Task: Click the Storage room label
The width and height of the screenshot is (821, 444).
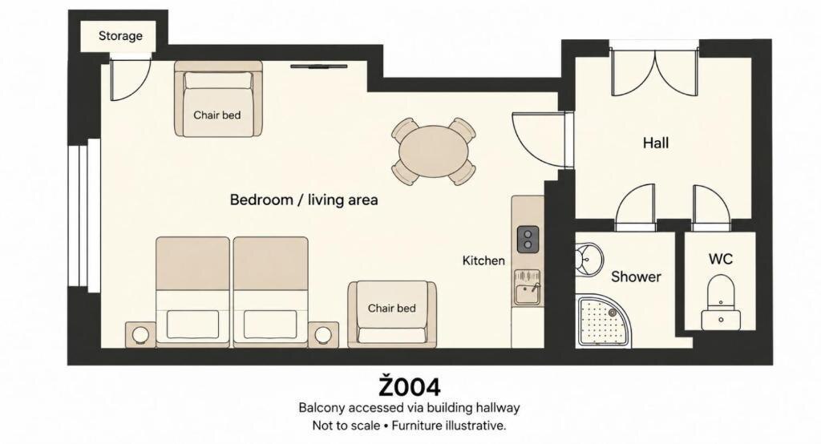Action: pos(120,35)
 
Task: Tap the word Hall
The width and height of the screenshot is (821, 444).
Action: pos(656,143)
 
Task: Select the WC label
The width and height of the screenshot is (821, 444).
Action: pos(721,259)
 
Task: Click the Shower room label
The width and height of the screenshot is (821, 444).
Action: pos(636,276)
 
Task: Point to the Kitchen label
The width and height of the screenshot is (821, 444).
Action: pos(483,260)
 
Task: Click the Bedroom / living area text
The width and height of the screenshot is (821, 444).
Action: pos(304,200)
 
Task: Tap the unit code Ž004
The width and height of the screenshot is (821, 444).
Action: pos(410,385)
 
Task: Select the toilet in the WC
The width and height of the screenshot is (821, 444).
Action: pos(721,302)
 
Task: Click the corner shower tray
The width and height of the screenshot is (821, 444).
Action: pos(603,321)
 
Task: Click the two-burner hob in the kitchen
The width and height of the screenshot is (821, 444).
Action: pos(528,239)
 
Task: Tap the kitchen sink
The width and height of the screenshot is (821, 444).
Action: pos(527,288)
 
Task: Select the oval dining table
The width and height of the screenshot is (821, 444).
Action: pos(434,151)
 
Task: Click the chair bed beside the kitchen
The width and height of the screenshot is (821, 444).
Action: pos(392,314)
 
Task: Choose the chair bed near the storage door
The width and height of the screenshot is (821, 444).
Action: pos(218,99)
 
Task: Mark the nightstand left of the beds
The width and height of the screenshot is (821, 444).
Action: pos(140,334)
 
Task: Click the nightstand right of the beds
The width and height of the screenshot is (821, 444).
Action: pos(323,334)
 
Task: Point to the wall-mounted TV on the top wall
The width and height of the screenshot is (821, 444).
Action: pos(319,67)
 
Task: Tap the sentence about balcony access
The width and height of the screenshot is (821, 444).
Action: pos(409,407)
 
